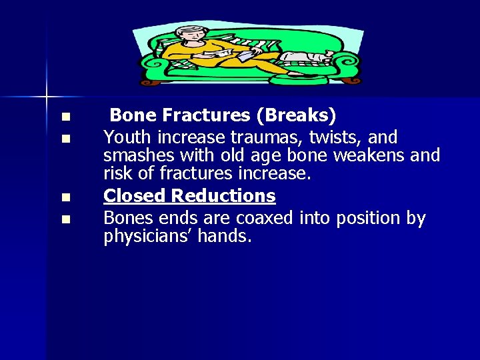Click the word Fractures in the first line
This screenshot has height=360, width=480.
click(207, 116)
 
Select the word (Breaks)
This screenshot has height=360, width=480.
click(296, 116)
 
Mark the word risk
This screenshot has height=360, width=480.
click(117, 174)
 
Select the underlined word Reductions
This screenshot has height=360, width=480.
click(223, 196)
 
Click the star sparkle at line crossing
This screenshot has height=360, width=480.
click(47, 97)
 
